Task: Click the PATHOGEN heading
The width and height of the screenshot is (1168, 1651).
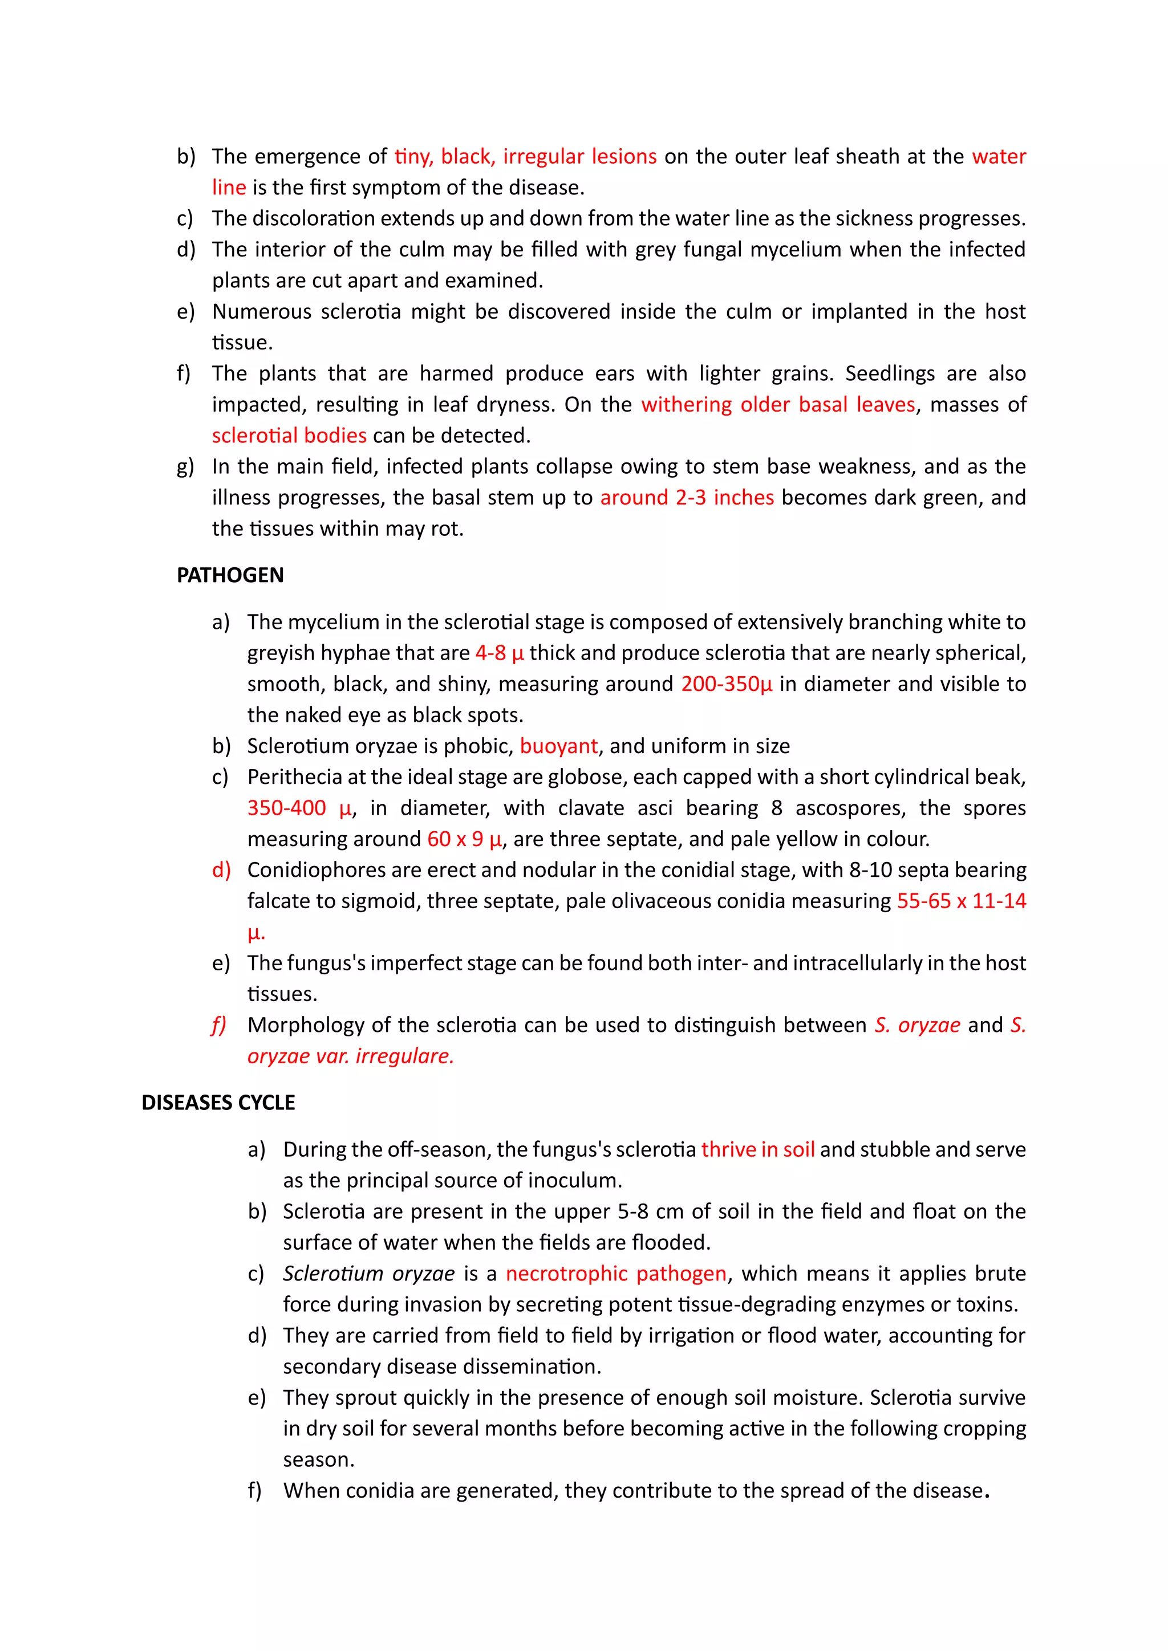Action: coord(230,575)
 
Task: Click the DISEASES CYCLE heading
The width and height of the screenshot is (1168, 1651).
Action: coord(218,1103)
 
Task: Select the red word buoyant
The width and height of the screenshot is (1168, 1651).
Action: coord(558,746)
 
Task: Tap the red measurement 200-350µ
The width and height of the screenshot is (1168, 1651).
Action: coord(727,684)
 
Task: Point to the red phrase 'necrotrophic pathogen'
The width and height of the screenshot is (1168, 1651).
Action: coord(615,1274)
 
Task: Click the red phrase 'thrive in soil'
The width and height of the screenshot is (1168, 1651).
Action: coord(757,1150)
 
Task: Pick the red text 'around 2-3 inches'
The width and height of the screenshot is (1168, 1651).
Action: coord(687,498)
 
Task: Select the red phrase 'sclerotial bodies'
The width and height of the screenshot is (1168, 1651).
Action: coord(289,436)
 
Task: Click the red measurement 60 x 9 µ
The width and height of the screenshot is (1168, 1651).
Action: coord(465,839)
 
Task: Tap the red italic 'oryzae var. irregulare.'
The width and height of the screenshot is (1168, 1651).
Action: coord(350,1056)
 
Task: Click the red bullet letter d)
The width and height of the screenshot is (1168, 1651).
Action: coord(221,870)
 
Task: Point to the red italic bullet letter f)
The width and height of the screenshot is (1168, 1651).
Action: coord(218,1026)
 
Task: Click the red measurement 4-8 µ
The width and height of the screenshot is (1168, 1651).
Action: coord(499,653)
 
